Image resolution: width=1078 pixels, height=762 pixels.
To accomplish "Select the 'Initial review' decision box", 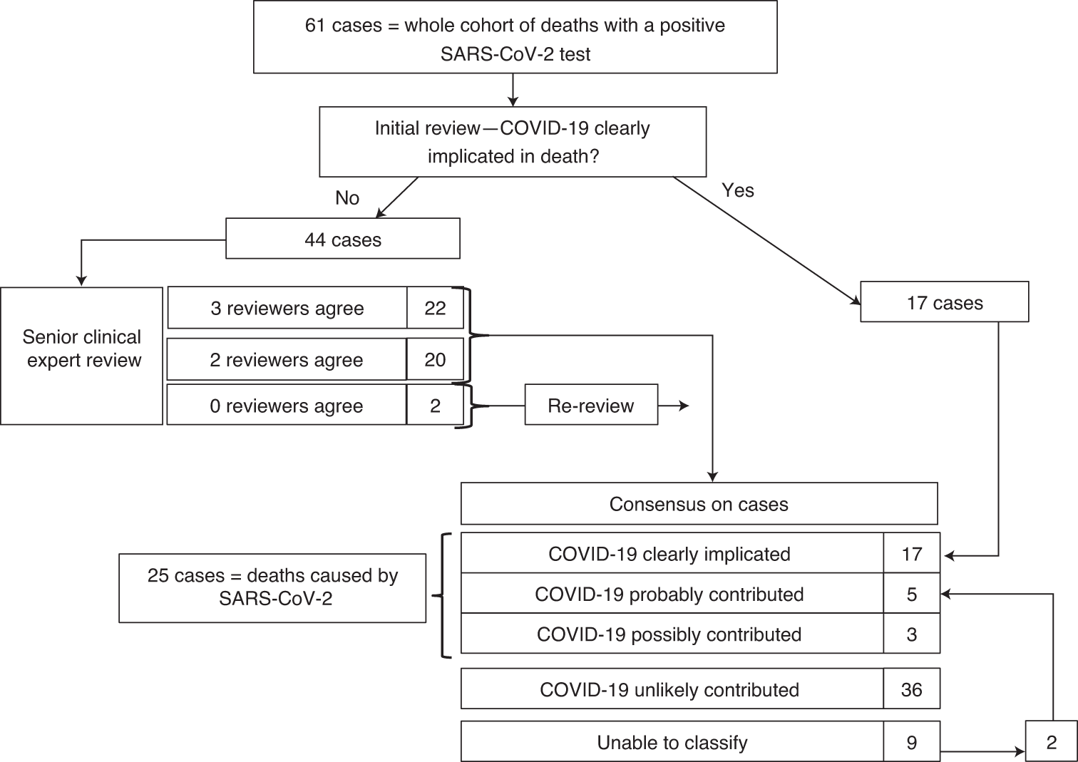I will [512, 142].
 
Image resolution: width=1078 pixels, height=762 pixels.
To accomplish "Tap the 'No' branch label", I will [347, 197].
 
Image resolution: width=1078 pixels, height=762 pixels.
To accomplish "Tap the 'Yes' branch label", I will [737, 190].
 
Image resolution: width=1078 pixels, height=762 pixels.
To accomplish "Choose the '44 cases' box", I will [343, 239].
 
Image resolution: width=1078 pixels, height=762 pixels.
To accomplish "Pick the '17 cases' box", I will [944, 302].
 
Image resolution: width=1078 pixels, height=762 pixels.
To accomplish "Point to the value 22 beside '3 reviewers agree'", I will [435, 308].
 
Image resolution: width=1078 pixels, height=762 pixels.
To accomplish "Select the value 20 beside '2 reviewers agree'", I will [435, 359].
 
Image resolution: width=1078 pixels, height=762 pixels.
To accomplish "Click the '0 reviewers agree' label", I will [287, 406].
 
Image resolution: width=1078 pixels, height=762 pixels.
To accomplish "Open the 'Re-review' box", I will [590, 406].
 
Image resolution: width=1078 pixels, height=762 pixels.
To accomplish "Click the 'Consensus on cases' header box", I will [699, 504].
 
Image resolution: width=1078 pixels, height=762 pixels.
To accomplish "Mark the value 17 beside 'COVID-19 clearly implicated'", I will [911, 553].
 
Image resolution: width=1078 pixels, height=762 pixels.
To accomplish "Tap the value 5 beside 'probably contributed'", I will [911, 594].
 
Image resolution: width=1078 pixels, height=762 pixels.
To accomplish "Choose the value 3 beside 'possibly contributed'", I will [911, 634].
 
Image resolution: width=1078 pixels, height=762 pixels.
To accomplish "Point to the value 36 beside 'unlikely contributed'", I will [911, 689].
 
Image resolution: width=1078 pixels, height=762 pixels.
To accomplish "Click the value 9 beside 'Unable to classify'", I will [911, 742].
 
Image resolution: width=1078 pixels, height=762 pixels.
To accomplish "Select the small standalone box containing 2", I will [1051, 742].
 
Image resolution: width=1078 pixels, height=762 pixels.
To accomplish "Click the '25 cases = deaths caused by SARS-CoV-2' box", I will [272, 587].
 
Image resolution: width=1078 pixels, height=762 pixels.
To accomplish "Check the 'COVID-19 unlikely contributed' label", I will [670, 689].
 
